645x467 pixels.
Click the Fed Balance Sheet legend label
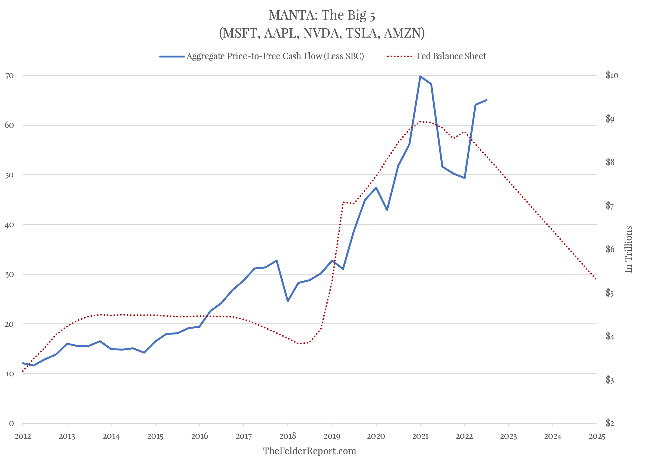coord(451,56)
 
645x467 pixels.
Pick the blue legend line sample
coord(172,56)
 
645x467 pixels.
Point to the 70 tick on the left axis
coord(9,75)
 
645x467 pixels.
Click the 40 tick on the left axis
coord(9,225)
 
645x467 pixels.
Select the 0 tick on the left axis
coord(11,423)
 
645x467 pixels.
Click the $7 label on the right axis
coord(610,205)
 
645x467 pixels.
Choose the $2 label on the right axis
coord(610,423)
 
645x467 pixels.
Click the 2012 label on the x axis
coord(23,436)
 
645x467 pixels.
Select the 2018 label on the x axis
coord(288,436)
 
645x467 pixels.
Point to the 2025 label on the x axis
coord(597,436)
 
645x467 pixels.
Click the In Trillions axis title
coord(628,249)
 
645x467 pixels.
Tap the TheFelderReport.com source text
coord(309,451)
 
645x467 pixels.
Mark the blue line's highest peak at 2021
coord(420,76)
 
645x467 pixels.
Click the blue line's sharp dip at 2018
coord(288,301)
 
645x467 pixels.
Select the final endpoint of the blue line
coord(487,100)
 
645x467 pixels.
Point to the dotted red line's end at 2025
coord(596,279)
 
